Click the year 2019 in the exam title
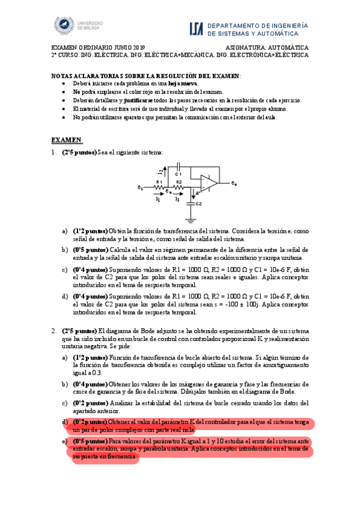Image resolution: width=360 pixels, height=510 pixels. pos(137,47)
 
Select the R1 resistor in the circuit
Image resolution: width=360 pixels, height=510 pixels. pos(159,187)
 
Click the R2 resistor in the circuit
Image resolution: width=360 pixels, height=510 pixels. pos(178,187)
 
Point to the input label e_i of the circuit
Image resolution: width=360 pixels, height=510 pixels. pos(140,188)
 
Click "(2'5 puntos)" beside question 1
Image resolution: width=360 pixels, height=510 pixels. pos(79,153)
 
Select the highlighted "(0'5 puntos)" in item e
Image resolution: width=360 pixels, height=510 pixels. pos(90,441)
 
